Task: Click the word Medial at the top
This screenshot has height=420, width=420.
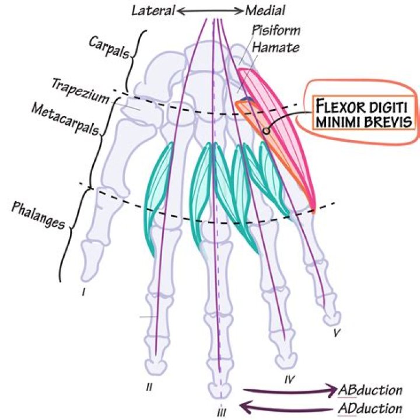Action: [266, 10]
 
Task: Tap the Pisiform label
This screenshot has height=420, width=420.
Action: [271, 29]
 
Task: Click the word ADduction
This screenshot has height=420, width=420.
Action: [370, 408]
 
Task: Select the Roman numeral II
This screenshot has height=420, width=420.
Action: [149, 386]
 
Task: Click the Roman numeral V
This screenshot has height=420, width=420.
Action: [336, 334]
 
